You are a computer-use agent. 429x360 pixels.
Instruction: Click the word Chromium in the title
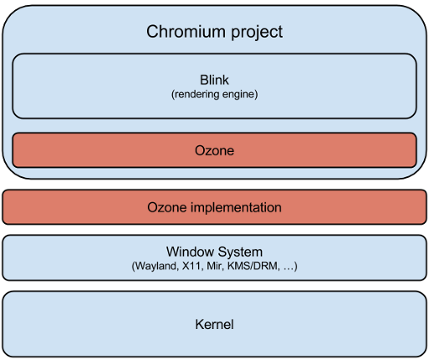click(187, 32)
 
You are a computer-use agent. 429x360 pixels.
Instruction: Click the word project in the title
click(255, 33)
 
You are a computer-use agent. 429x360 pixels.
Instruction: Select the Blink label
click(214, 81)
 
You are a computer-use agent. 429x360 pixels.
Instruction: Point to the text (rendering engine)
click(214, 94)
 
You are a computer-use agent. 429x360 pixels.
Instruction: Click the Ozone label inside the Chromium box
click(214, 151)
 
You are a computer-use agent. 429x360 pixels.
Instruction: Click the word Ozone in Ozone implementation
click(165, 207)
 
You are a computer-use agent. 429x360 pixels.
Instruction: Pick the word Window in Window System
click(190, 251)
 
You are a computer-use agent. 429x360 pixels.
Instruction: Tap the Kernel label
click(214, 324)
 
